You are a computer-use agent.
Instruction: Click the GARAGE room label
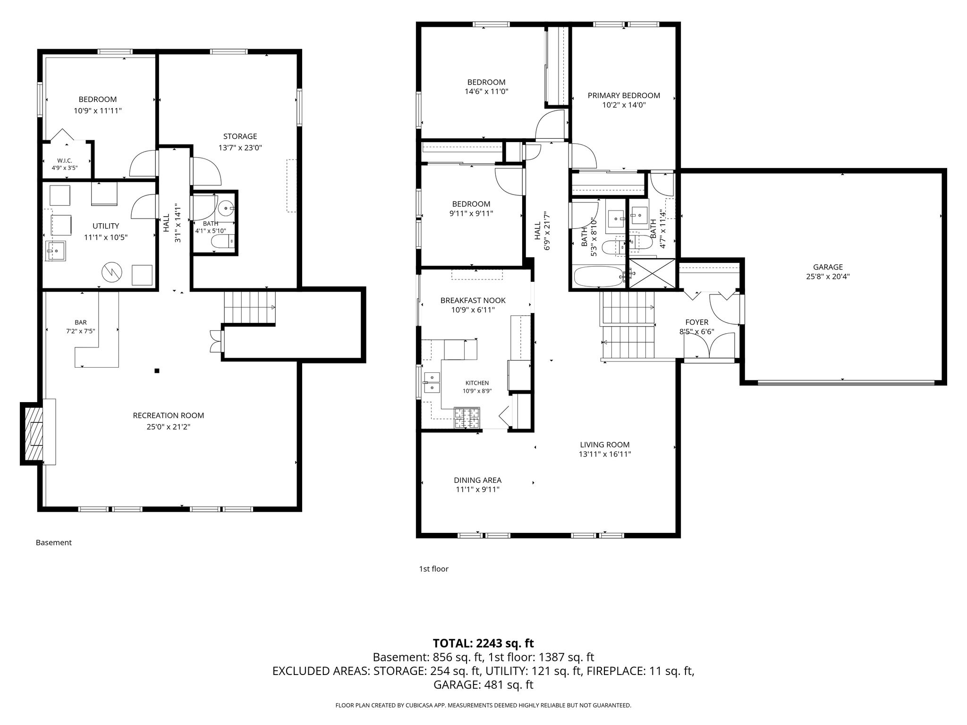point(828,267)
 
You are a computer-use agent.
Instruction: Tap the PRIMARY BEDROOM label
point(624,95)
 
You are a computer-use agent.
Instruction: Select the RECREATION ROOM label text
point(169,415)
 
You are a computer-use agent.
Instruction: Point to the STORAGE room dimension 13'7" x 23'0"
point(240,148)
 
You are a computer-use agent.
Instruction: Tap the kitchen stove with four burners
point(467,418)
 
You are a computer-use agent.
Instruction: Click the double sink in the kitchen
point(432,383)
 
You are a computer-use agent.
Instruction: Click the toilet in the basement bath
point(222,242)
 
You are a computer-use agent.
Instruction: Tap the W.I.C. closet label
point(64,160)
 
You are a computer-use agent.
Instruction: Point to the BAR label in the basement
point(81,323)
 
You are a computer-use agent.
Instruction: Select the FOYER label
point(697,322)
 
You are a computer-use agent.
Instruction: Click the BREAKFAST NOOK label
point(473,300)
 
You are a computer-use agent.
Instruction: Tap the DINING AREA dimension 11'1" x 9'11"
point(478,489)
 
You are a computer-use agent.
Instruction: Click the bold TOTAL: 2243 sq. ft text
point(483,643)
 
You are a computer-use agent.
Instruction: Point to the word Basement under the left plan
point(54,542)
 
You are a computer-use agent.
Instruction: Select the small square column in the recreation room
point(157,371)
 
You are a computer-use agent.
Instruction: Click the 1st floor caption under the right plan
point(434,569)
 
